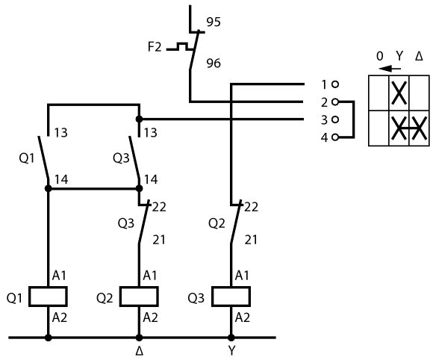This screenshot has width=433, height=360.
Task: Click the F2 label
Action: [x=155, y=47]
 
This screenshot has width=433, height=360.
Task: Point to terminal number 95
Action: [x=214, y=22]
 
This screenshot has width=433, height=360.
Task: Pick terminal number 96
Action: [x=214, y=63]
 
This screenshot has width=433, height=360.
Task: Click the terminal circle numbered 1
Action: [x=335, y=84]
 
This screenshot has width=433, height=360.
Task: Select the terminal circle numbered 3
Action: [x=335, y=120]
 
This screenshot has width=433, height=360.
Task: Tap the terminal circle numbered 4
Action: [x=335, y=137]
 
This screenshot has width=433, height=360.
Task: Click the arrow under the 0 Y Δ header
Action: [x=390, y=68]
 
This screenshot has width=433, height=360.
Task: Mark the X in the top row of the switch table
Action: [x=399, y=93]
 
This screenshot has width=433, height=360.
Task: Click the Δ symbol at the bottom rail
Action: [x=140, y=351]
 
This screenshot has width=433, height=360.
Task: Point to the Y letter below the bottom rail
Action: [x=231, y=351]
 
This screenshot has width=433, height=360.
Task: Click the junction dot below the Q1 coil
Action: [x=48, y=338]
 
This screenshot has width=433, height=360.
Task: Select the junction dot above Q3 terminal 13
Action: [x=139, y=120]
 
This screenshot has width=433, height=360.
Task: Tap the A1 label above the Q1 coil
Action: [x=59, y=276]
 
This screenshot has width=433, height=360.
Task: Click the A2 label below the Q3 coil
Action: [x=243, y=317]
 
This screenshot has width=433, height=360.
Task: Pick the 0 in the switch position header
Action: [x=380, y=56]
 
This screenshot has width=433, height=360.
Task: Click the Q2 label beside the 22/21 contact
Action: [x=216, y=223]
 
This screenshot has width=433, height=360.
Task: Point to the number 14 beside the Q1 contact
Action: [x=61, y=179]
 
